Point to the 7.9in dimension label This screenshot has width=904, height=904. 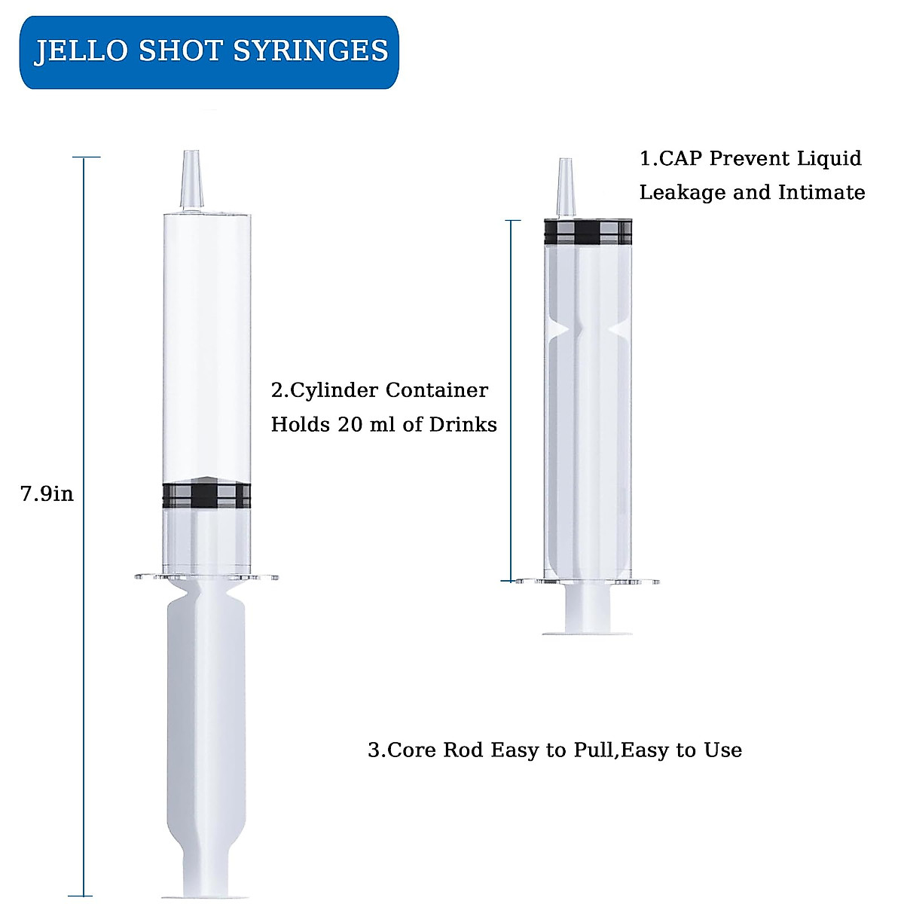tap(47, 494)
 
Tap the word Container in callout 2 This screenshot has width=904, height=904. tap(436, 391)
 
